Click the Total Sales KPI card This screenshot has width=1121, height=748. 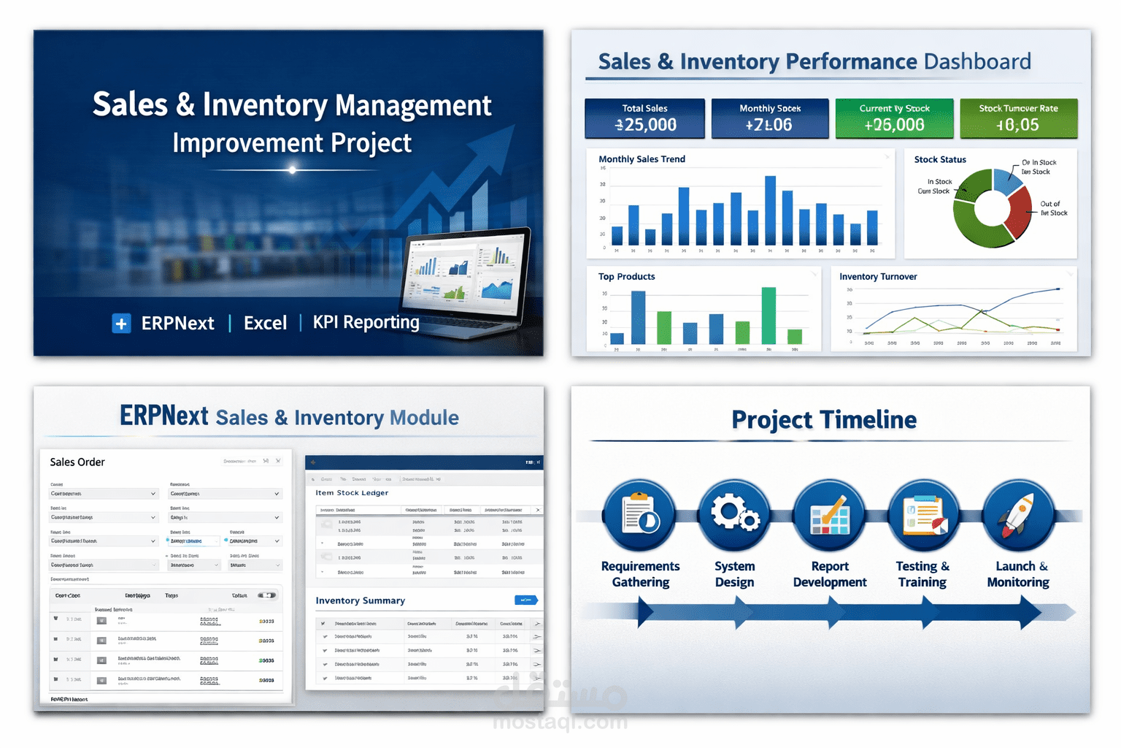coord(644,118)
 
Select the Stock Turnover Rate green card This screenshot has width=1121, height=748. coord(1018,118)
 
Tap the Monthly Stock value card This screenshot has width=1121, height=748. coord(769,118)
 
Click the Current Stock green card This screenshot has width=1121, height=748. coord(894,118)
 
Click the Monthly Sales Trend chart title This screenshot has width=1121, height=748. coord(642,159)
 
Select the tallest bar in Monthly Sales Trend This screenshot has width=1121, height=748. coord(770,210)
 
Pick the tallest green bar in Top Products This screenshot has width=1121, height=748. coord(768,316)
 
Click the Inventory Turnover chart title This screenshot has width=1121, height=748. coord(878,277)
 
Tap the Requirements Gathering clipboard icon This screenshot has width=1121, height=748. coord(640,514)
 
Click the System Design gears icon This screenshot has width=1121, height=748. coord(734,514)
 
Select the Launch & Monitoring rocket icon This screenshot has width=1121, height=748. coord(1017,514)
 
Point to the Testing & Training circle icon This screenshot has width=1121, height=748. coord(923,514)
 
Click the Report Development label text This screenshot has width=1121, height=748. coord(830,574)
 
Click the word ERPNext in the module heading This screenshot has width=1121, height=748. coord(164,416)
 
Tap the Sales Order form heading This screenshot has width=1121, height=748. coord(77,462)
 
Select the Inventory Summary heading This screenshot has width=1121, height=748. coord(360,600)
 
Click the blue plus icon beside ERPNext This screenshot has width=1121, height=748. coord(121,323)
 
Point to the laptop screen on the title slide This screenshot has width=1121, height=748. coord(465,273)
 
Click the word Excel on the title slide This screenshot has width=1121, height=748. coord(265,323)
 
